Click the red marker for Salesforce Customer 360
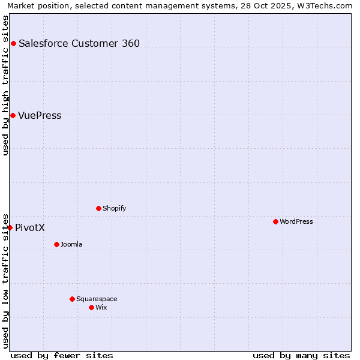click(x=13, y=43)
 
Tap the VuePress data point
click(x=13, y=115)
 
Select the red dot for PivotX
click(x=10, y=227)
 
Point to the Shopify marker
click(x=98, y=208)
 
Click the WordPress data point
click(x=275, y=221)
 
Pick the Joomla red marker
click(x=56, y=244)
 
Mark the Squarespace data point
click(x=72, y=299)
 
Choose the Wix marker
click(x=91, y=307)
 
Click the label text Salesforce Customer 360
click(x=79, y=43)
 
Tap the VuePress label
click(x=40, y=115)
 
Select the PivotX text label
click(x=30, y=227)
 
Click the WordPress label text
click(x=296, y=221)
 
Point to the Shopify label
click(x=115, y=208)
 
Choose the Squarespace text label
click(x=97, y=299)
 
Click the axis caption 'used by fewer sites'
click(x=62, y=355)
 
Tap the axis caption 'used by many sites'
click(x=301, y=355)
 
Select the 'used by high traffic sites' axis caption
click(x=5, y=85)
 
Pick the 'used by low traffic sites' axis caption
click(x=5, y=280)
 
